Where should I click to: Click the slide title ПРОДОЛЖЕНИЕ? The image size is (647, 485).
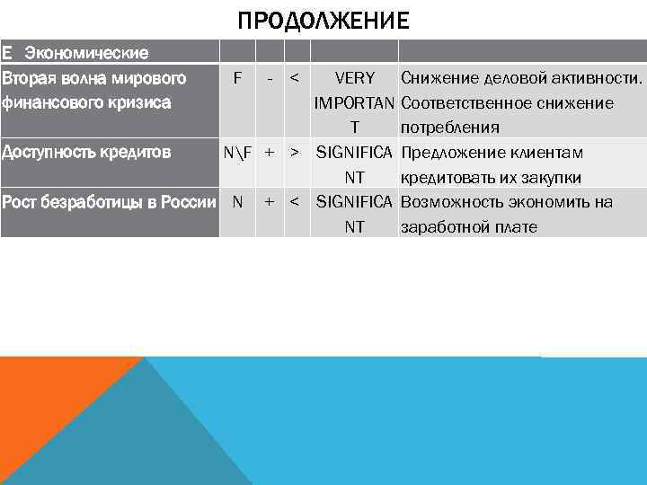[x=323, y=20]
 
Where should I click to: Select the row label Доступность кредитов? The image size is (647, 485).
[x=86, y=152]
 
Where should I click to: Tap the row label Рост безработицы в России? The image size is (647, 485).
[x=108, y=201]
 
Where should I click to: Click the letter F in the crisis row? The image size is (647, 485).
[x=237, y=78]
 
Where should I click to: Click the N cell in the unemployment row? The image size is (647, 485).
[x=237, y=201]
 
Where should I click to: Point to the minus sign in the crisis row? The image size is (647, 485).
[x=270, y=78]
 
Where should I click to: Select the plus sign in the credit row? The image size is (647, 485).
[x=270, y=152]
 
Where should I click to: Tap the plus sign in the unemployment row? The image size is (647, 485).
[x=270, y=201]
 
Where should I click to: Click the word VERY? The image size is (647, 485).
[x=354, y=78]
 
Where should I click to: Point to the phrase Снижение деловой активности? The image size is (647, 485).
[x=522, y=78]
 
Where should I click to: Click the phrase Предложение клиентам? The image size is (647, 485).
[x=492, y=152]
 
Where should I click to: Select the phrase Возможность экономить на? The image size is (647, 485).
[x=507, y=201]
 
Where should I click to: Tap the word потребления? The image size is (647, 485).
[x=450, y=127]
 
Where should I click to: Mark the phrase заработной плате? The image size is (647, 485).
[x=469, y=226]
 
